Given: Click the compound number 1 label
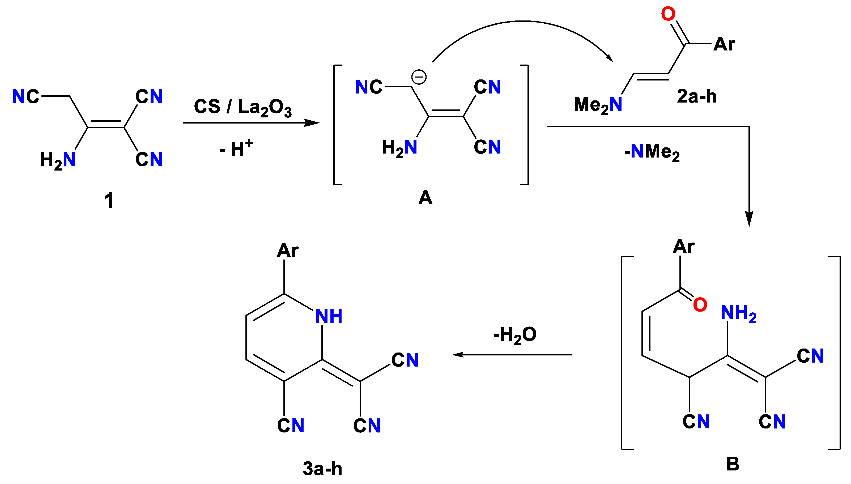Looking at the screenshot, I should tap(109, 201).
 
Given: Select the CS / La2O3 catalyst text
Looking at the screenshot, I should tap(242, 107).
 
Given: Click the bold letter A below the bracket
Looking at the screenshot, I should tap(425, 198).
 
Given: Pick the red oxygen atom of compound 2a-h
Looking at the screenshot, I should tap(668, 14).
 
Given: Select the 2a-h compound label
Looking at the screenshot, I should tap(697, 96).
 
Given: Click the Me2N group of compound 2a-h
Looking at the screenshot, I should tap(597, 105).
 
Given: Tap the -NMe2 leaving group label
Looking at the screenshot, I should tap(652, 152).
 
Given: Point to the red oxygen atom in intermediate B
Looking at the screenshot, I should tap(700, 304).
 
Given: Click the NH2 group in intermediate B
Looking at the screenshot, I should tap(738, 313).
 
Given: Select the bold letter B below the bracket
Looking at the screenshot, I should tap(733, 464).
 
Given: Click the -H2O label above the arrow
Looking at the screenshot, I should tap(515, 335).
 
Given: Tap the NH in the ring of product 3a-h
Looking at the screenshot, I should tap(329, 316).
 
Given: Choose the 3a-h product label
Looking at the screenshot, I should tap(322, 469).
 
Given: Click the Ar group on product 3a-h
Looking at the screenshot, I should tap(287, 250).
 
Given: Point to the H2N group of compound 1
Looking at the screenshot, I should tap(58, 160).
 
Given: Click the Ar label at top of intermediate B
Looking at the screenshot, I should tap(683, 246).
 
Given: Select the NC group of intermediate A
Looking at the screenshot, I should tap(369, 87).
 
